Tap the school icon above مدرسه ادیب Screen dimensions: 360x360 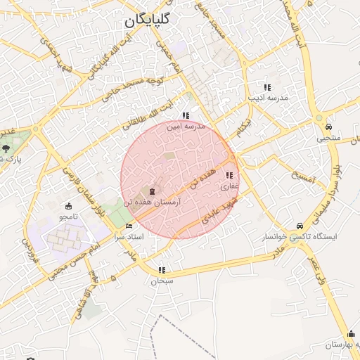pyautogui.click(x=266, y=86)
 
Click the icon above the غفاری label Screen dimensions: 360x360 pyautogui.click(x=229, y=175)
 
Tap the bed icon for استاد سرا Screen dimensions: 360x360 pyautogui.click(x=128, y=226)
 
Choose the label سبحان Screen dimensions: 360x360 pyautogui.click(x=162, y=281)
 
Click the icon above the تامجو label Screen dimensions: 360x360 pyautogui.click(x=68, y=206)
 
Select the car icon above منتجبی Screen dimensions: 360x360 pyautogui.click(x=328, y=127)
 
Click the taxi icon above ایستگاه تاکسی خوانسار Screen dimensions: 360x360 pyautogui.click(x=301, y=226)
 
